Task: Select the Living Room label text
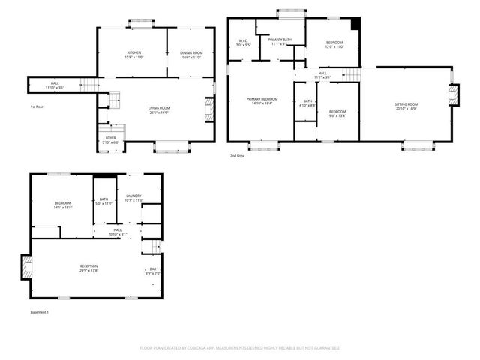[x=158, y=110]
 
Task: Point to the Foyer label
[x=110, y=139]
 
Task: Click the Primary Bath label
[x=280, y=42]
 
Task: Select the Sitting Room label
[x=406, y=105]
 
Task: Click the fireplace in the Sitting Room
[x=452, y=94]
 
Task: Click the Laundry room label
[x=133, y=198]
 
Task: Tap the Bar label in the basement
[x=152, y=270]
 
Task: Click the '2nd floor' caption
[x=238, y=155]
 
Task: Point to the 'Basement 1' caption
[x=39, y=311]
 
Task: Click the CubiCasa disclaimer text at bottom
[x=240, y=348]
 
